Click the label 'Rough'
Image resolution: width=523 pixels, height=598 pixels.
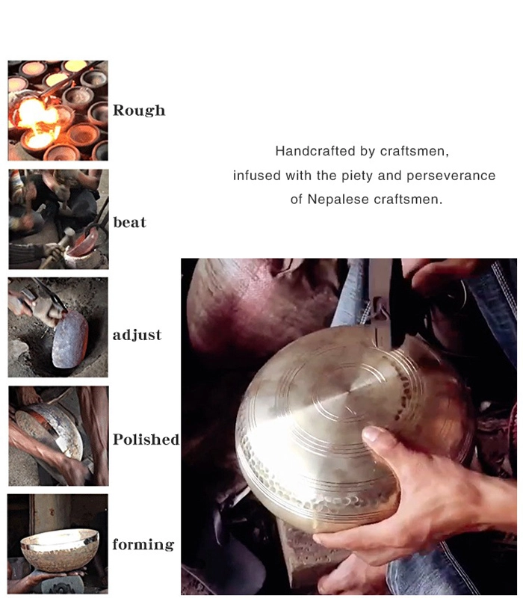click(x=139, y=110)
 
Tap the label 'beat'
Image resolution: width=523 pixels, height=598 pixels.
click(x=129, y=222)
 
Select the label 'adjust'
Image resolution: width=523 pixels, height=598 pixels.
click(x=137, y=335)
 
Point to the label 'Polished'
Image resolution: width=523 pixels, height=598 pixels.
click(x=146, y=440)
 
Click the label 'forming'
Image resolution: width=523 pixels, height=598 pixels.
click(x=143, y=544)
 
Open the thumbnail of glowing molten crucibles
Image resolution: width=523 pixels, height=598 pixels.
click(x=58, y=110)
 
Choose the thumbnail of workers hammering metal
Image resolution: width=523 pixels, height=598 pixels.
click(x=58, y=219)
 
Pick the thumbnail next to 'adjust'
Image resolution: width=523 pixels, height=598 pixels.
click(x=58, y=327)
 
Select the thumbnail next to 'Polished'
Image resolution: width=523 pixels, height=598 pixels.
click(x=58, y=436)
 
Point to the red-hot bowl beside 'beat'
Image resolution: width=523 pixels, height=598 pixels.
click(x=82, y=244)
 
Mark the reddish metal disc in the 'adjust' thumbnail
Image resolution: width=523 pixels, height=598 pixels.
click(x=69, y=339)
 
